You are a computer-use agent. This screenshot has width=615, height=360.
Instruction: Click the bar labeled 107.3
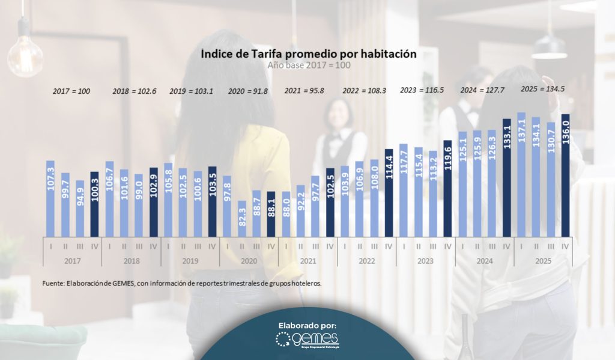50,198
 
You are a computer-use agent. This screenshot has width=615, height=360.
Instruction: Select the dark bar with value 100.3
95,204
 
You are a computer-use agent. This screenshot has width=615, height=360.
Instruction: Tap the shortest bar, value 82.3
242,218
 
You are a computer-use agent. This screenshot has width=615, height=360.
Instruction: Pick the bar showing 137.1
521,174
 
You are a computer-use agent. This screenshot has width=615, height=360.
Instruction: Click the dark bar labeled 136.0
565,175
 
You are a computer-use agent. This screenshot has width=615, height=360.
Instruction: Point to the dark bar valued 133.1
506,177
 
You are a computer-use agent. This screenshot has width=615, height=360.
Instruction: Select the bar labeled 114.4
389,192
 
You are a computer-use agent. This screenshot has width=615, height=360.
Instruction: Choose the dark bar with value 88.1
271,214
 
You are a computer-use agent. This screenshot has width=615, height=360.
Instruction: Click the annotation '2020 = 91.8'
247,91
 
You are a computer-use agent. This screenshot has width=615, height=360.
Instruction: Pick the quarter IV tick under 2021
330,246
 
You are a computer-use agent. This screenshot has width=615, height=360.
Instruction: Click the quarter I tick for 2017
50,246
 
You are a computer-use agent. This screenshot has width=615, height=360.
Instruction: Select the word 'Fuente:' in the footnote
54,282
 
